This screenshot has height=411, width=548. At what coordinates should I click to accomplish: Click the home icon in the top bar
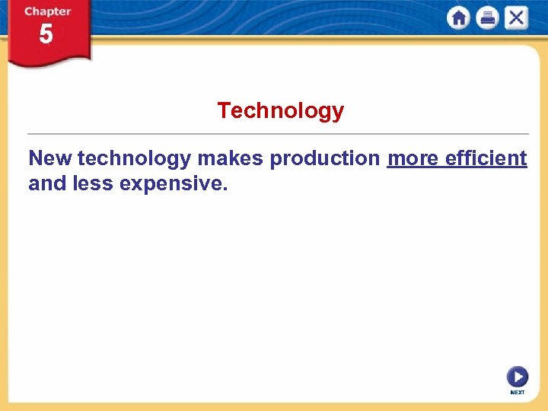459,18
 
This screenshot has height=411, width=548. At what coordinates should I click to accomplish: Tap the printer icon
487,18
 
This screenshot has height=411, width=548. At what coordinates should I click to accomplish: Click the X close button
516,18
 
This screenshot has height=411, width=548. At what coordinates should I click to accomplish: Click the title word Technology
280,111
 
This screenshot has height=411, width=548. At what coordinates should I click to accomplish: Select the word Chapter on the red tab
47,11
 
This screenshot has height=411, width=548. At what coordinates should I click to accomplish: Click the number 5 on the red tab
46,35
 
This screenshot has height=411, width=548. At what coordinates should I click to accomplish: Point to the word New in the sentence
50,158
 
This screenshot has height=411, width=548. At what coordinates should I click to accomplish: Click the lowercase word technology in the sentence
134,158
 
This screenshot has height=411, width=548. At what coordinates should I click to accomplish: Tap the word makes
230,158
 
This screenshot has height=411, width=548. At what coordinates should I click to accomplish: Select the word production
325,158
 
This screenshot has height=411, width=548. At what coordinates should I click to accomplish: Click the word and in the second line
45,183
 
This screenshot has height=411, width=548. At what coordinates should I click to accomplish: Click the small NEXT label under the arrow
518,393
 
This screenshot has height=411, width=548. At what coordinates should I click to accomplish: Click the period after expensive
225,190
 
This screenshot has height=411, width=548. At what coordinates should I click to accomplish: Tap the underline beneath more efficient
457,168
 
